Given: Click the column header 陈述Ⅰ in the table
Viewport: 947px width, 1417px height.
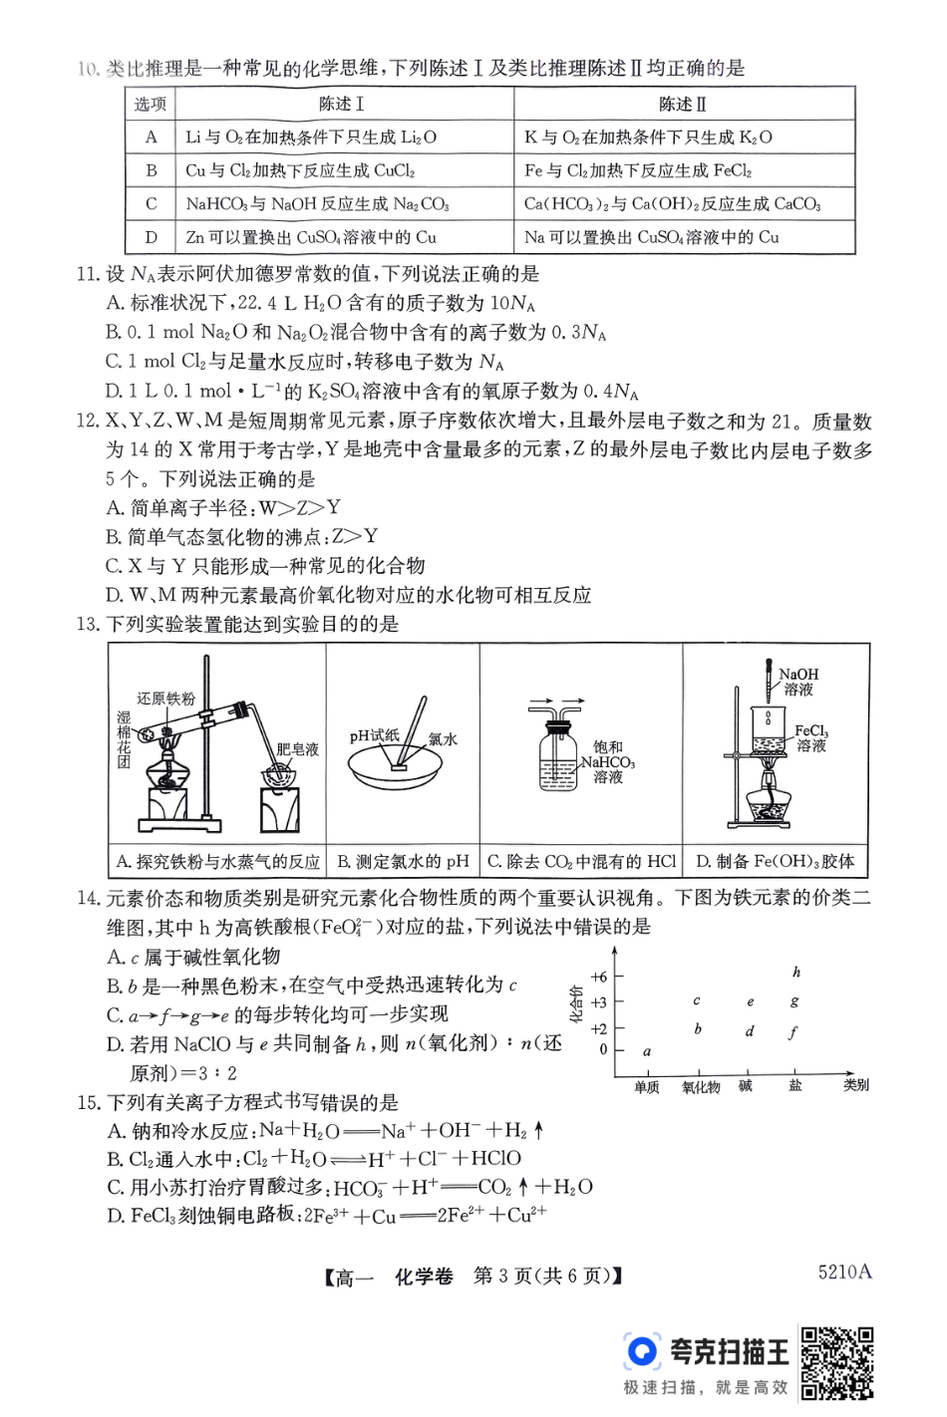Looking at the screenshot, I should tap(342, 105).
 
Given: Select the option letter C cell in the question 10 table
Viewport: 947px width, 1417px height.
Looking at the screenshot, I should tap(152, 204).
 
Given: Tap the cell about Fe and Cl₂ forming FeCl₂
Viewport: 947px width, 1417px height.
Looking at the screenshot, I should tap(638, 170).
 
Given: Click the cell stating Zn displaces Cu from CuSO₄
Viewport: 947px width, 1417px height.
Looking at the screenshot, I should tap(311, 238).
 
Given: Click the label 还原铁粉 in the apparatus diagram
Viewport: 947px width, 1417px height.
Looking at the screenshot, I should tap(165, 699).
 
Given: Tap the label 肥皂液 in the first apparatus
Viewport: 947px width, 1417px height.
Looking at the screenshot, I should tap(297, 748).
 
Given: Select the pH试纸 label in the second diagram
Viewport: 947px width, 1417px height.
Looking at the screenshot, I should tap(374, 736).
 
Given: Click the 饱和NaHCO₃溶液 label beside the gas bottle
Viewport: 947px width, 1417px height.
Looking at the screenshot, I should tap(608, 762).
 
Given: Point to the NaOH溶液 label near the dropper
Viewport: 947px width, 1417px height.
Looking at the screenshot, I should tap(798, 682).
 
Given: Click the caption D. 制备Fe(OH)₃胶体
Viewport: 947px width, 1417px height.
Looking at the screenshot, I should tap(775, 862).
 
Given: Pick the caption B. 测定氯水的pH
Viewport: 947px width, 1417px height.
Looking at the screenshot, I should tap(403, 862).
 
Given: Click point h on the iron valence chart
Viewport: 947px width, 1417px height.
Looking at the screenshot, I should tap(796, 973).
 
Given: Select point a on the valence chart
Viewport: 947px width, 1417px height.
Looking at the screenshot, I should tap(647, 1050).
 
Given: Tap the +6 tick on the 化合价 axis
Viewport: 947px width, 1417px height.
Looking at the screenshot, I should tap(599, 977).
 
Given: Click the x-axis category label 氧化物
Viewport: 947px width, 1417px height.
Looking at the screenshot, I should tap(701, 1087).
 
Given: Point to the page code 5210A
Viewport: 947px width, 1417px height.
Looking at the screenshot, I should tap(844, 1272).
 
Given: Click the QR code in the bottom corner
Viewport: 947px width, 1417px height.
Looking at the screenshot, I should tap(837, 1362).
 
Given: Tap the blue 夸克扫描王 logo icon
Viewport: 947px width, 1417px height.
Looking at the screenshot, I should tap(642, 1351).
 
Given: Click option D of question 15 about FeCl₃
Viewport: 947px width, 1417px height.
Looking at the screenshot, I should tap(327, 1216).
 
